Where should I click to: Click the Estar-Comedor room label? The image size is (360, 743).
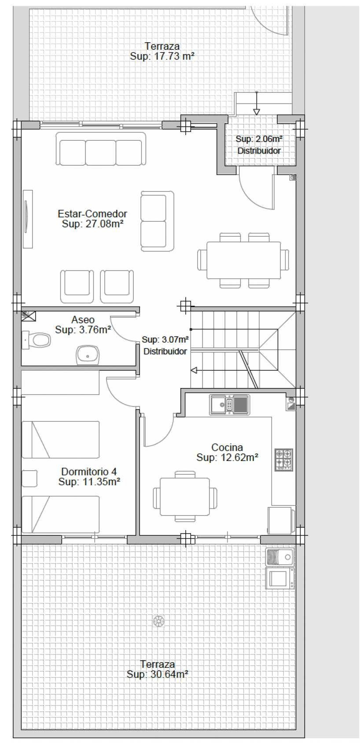(92, 213)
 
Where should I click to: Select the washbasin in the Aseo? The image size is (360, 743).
(88, 355)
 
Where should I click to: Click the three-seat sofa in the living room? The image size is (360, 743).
(100, 149)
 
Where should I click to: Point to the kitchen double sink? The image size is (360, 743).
(230, 405)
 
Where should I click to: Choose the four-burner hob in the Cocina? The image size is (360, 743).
(284, 459)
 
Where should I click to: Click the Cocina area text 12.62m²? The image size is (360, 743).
(238, 458)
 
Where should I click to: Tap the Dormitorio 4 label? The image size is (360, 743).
(89, 471)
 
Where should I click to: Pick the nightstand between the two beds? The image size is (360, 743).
(29, 478)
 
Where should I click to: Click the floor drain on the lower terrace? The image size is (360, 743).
(159, 621)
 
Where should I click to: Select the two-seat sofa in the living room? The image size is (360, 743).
(157, 221)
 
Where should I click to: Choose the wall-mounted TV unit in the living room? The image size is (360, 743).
(28, 219)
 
